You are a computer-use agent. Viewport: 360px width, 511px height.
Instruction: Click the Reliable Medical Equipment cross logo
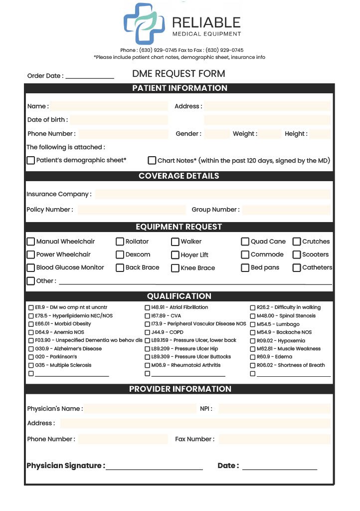point(144,23)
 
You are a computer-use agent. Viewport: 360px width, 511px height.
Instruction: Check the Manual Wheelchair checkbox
point(31,242)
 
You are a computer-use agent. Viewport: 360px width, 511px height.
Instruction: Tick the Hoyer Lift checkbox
point(175,255)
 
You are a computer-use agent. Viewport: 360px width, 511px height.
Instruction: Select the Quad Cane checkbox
point(245,242)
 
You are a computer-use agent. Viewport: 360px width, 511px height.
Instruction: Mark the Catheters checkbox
point(297,267)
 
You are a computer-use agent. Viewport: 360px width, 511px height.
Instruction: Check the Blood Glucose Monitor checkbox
point(31,267)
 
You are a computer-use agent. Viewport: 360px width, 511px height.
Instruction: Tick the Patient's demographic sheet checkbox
point(31,160)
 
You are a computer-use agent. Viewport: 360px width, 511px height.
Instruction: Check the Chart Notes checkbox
point(152,160)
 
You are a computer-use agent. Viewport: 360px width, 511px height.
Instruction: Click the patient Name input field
point(109,106)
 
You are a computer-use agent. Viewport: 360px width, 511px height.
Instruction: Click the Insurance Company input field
point(212,194)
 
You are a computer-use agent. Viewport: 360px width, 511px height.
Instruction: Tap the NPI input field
point(274,409)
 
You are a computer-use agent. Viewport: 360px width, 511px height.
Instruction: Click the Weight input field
point(270,134)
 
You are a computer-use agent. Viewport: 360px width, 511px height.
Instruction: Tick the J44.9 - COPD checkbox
point(148,332)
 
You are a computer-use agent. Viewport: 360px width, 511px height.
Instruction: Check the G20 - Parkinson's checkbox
point(31,357)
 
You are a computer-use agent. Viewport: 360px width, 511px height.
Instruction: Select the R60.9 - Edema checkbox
point(253,357)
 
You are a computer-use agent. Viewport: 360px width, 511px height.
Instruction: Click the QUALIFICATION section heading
point(179,296)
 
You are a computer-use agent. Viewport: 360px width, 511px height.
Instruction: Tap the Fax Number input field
point(274,439)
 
